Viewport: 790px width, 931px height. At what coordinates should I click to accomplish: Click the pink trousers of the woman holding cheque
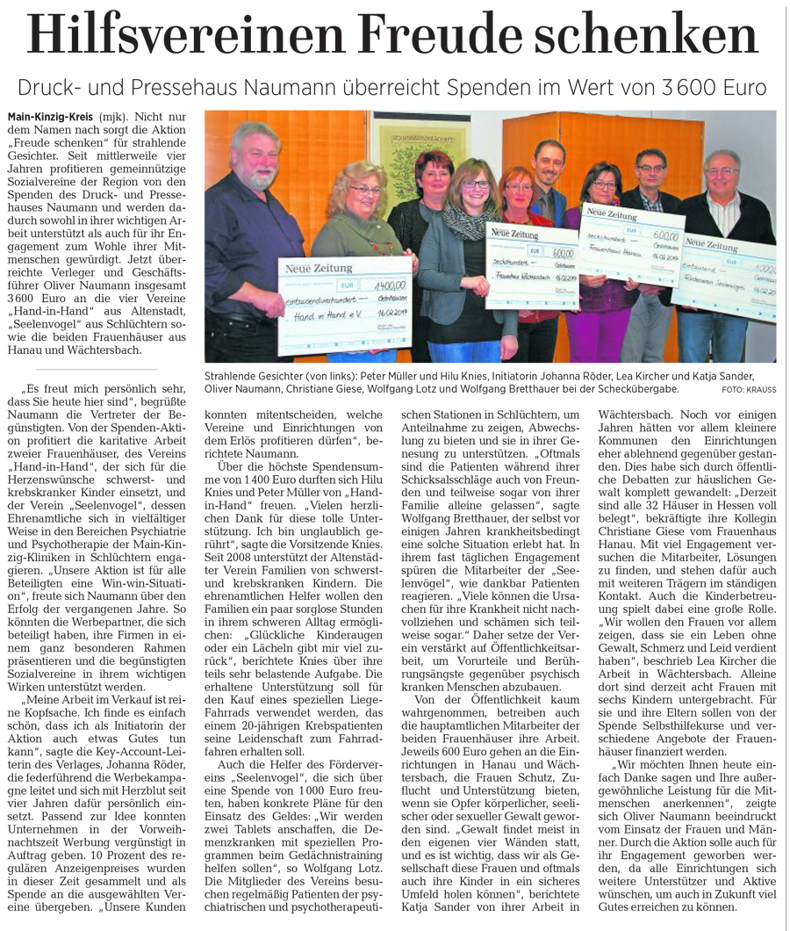click(x=603, y=334)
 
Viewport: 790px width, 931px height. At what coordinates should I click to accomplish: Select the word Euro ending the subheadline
click(x=744, y=88)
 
